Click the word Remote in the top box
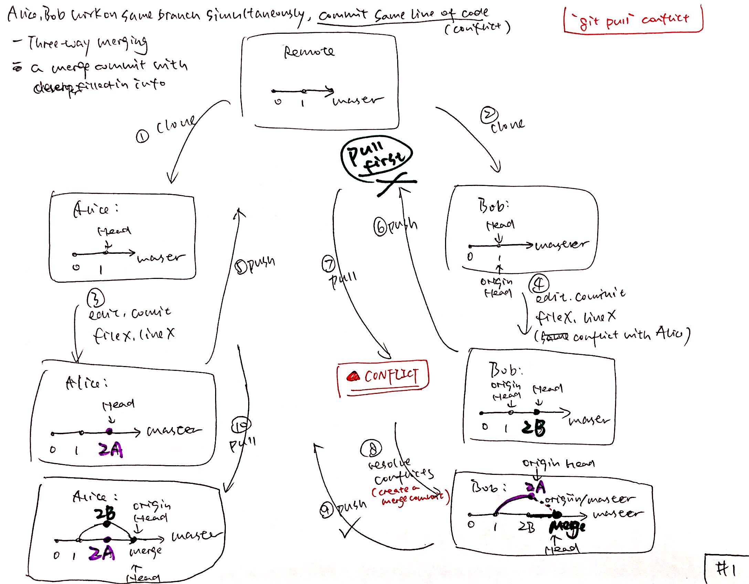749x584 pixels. point(309,52)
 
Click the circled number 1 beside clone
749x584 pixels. point(142,137)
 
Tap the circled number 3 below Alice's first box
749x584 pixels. point(95,298)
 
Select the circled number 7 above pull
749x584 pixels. point(328,264)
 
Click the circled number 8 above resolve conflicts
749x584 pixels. point(371,448)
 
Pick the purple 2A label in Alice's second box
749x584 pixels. point(110,450)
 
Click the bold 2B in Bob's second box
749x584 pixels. point(533,428)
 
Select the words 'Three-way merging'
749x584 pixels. point(88,44)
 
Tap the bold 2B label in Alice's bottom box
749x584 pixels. point(105,514)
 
